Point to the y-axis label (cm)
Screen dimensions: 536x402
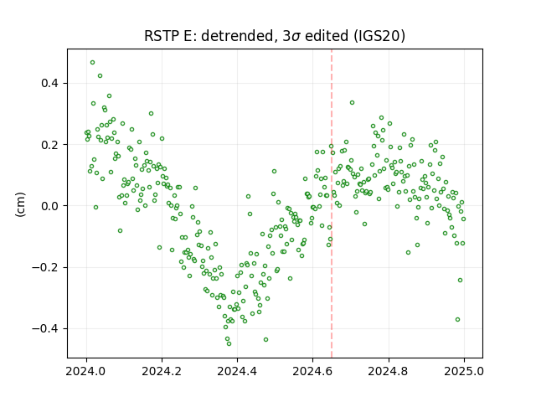click(x=20, y=204)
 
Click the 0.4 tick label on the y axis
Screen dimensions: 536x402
click(x=49, y=83)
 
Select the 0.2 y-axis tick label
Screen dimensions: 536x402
click(x=49, y=145)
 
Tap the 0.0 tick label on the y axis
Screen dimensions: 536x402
click(x=49, y=206)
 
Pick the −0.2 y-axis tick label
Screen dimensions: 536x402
click(x=45, y=267)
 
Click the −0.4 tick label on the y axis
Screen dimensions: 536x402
click(x=45, y=328)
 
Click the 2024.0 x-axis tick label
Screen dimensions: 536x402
click(x=86, y=371)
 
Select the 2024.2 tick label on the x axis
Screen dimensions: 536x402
click(x=162, y=371)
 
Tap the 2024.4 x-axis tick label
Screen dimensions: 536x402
click(x=237, y=371)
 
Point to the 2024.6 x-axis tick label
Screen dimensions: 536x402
click(x=312, y=371)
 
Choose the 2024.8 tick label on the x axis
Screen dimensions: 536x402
click(x=389, y=371)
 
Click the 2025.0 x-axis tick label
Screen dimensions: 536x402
click(x=464, y=371)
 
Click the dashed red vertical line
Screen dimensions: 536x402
click(x=332, y=204)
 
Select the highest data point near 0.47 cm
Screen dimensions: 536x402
click(x=92, y=63)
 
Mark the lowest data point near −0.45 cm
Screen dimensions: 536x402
click(x=229, y=343)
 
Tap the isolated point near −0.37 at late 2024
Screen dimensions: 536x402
click(x=458, y=320)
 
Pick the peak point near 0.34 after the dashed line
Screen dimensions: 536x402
click(x=352, y=102)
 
